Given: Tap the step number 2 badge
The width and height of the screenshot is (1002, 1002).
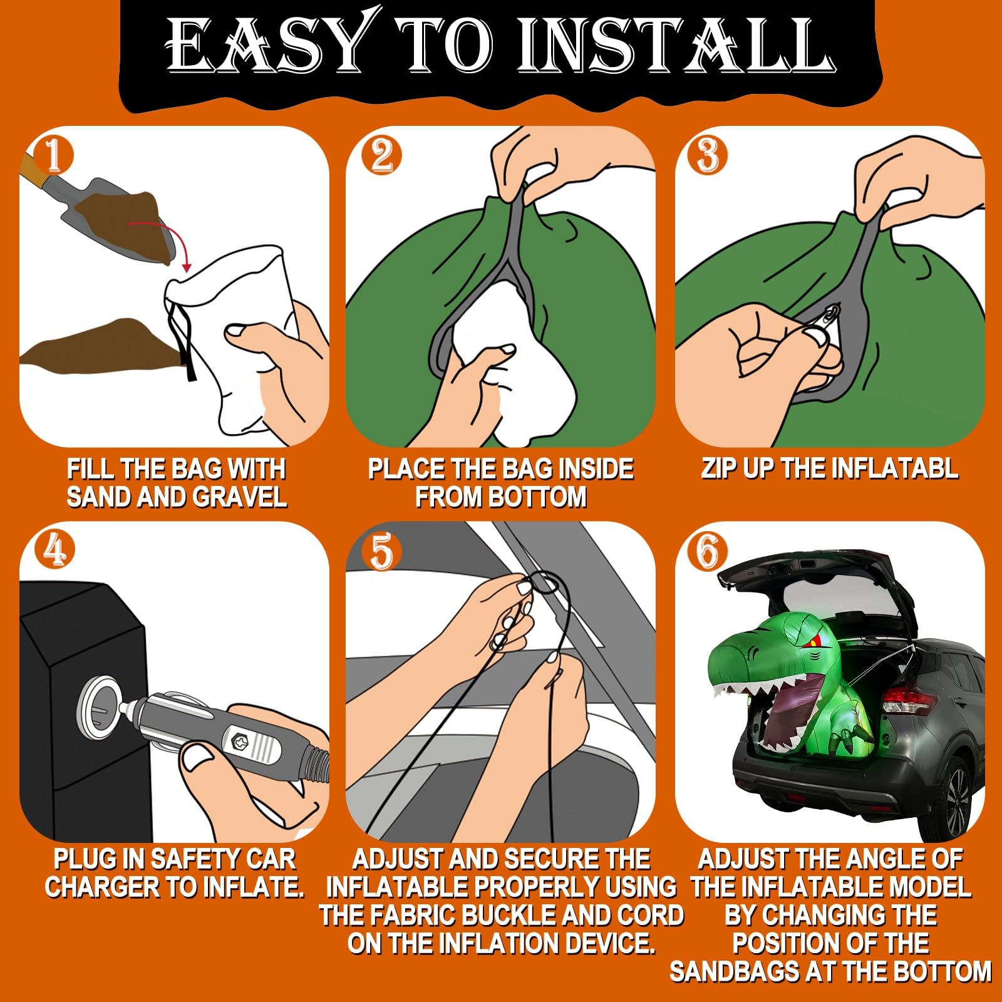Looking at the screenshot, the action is pyautogui.click(x=381, y=155).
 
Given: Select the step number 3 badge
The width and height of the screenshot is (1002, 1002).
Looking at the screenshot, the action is pyautogui.click(x=708, y=155).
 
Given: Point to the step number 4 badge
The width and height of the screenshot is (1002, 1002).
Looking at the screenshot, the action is pyautogui.click(x=54, y=550).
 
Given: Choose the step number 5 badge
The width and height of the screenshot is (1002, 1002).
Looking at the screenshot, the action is pyautogui.click(x=381, y=552).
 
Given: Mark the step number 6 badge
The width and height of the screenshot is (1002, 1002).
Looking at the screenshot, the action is pyautogui.click(x=708, y=552).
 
